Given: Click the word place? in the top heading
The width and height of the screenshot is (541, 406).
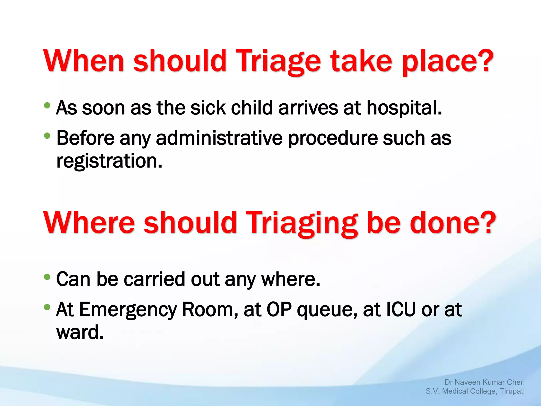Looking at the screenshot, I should (x=447, y=61).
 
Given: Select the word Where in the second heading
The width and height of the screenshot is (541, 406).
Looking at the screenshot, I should (x=89, y=223).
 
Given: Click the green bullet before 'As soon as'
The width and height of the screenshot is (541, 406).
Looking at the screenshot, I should (x=47, y=106).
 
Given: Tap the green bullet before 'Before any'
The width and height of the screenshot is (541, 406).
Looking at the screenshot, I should (x=47, y=136).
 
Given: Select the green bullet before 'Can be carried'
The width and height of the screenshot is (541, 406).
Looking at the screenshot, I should (x=47, y=277).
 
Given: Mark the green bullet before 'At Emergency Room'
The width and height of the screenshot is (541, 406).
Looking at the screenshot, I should (x=47, y=307).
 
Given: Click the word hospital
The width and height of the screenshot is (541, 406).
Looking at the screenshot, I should (x=404, y=108).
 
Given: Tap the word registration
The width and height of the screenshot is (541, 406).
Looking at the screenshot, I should (x=109, y=161).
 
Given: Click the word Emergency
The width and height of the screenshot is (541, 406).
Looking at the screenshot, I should (x=128, y=310).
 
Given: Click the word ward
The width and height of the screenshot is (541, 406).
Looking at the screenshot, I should (x=80, y=333).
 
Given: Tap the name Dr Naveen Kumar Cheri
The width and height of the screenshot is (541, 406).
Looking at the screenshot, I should (x=484, y=382).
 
